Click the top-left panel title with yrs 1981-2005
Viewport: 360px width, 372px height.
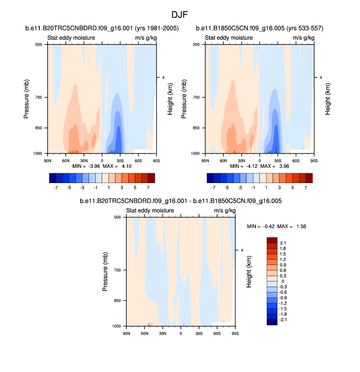(102, 28)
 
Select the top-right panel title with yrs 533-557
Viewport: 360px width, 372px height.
(259, 28)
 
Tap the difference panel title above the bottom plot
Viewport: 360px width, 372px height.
(180, 201)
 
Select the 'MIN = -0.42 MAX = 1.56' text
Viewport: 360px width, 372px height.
(277, 226)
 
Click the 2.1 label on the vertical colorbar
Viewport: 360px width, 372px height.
(282, 243)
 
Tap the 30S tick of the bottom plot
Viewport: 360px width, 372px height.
(199, 333)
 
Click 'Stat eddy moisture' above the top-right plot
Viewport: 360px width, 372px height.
(225, 38)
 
